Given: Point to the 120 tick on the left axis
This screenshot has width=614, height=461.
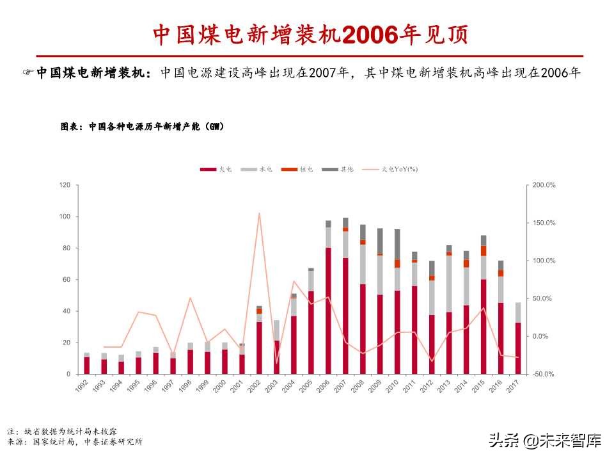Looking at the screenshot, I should coord(65,185).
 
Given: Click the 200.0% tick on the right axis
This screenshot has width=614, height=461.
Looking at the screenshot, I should coord(545,185).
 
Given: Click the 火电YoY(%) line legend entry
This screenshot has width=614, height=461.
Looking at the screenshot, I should coord(390,169).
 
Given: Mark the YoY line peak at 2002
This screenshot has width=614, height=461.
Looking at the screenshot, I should coord(259,213).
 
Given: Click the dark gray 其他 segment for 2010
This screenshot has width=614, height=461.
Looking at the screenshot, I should coord(397,244).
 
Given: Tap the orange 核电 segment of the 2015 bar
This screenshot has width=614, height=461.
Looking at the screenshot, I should coord(484,250).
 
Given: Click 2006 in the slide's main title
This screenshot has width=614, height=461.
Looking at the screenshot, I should coord(370,35).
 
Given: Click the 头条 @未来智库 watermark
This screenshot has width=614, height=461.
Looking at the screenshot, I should coord(545,441).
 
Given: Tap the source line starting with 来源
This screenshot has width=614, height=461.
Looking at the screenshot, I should coord(75,442).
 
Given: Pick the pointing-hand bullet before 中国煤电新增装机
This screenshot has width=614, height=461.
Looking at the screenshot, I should coord(28,73).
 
